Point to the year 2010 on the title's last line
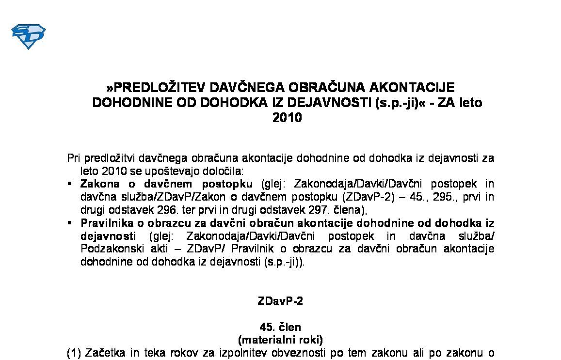coord(287,118)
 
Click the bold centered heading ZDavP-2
coord(280,301)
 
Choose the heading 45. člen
coord(280,328)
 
